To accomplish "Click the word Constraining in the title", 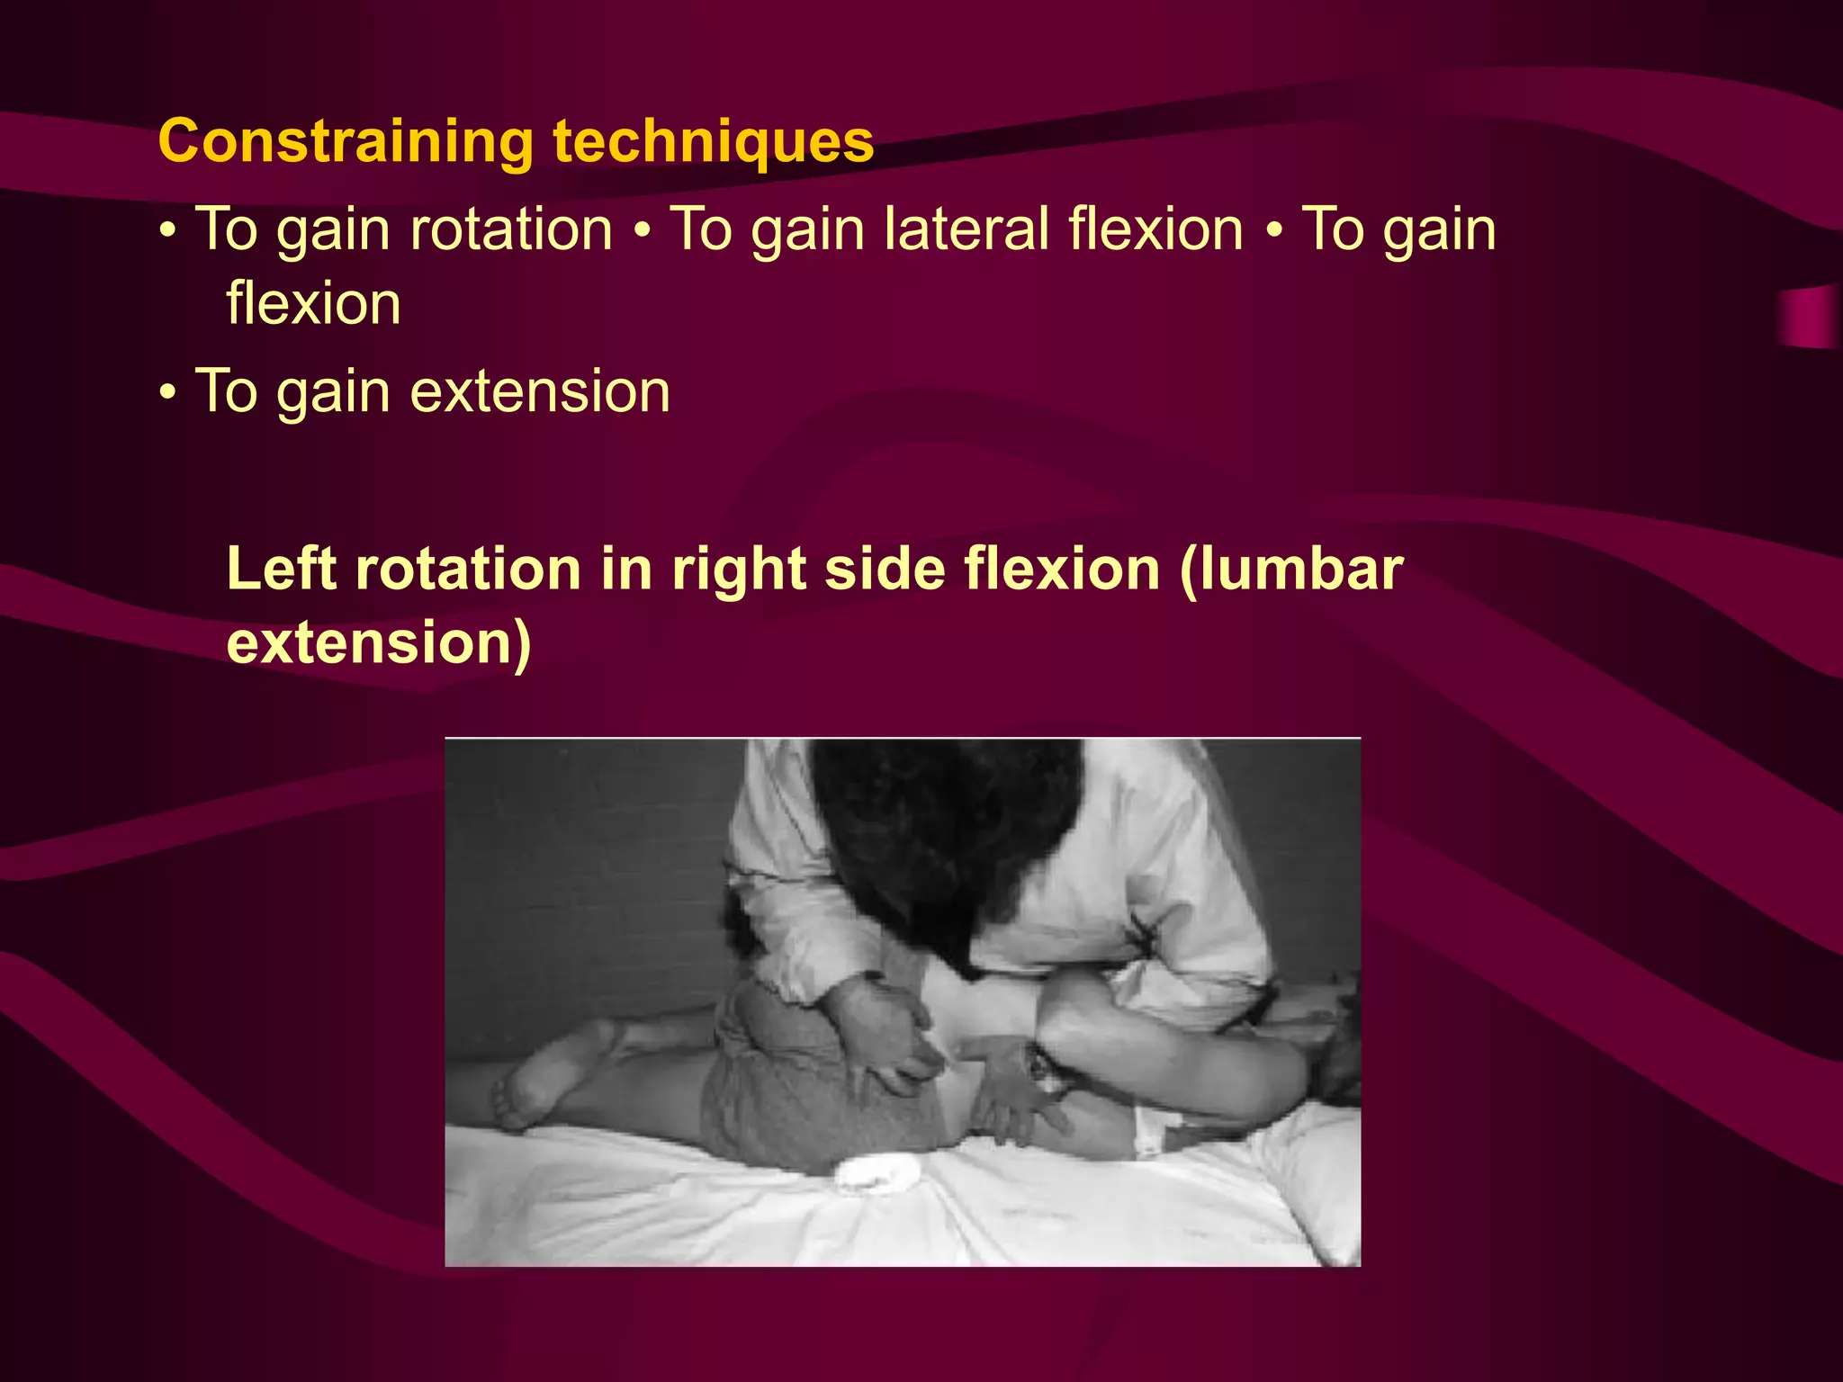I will [x=346, y=141].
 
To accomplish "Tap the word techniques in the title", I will [x=713, y=141].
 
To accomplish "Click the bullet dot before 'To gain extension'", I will [x=168, y=394].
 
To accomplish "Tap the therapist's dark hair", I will [x=945, y=837].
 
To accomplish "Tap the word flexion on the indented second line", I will [x=313, y=303].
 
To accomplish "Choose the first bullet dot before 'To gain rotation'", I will [x=168, y=231].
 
